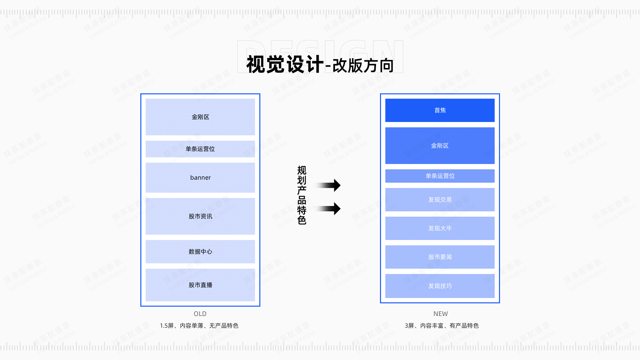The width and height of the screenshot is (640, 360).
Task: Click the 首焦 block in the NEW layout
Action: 440,110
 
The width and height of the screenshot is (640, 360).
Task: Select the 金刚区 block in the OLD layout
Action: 200,117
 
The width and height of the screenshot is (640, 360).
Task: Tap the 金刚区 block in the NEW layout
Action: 440,146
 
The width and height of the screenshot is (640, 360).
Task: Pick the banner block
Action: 200,178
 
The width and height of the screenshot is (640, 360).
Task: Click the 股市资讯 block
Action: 200,216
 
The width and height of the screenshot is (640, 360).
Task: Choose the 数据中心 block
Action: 200,252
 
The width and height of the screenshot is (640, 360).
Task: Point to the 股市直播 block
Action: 200,285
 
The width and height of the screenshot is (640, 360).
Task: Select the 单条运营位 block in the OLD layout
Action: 200,149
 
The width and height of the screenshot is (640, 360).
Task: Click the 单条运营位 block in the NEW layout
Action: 440,176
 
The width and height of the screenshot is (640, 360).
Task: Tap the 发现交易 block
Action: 440,200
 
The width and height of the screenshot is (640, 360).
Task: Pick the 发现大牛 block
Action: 440,228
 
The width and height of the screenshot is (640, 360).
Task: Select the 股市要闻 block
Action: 440,257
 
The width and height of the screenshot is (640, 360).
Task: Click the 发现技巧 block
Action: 440,286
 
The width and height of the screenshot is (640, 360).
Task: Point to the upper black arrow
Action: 328,185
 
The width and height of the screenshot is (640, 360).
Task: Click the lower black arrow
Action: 328,209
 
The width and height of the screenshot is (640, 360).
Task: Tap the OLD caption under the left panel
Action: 200,314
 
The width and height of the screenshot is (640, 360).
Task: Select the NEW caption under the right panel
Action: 440,314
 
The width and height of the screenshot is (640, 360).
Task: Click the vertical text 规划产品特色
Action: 302,195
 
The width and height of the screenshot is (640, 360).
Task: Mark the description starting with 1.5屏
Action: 199,326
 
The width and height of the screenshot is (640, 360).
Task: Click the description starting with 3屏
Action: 442,326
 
